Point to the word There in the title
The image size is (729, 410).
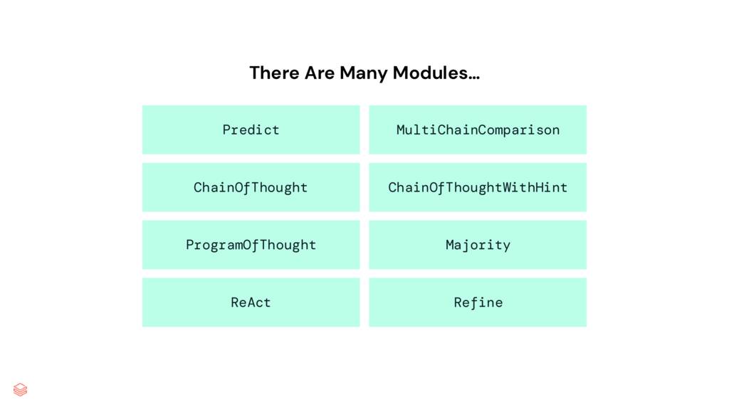point(275,73)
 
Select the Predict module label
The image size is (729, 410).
point(251,130)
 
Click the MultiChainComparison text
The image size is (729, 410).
point(478,130)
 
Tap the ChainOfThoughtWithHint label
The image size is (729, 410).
point(478,187)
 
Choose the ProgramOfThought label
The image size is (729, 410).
point(251,245)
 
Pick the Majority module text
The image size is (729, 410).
point(478,245)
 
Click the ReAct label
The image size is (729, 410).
point(251,303)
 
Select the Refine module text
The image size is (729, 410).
point(478,303)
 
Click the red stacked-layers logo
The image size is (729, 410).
point(21,389)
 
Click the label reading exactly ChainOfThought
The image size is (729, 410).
point(251,187)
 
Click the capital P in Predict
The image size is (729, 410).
point(226,130)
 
